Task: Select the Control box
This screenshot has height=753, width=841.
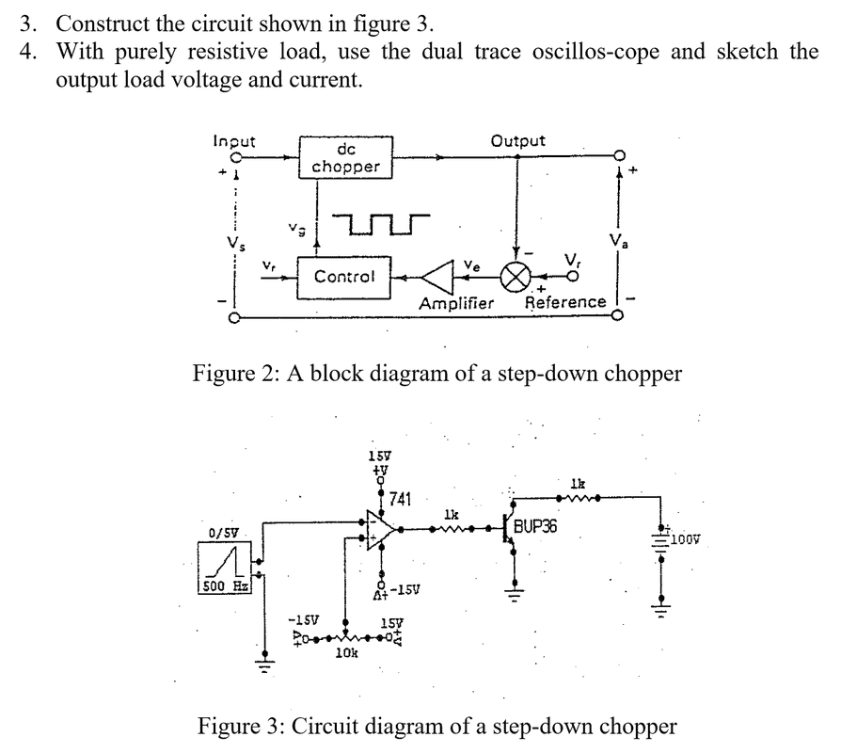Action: point(344,277)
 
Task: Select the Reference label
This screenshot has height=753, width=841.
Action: point(564,302)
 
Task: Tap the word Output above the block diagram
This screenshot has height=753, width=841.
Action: point(517,141)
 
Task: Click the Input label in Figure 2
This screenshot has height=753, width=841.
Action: point(234,141)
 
